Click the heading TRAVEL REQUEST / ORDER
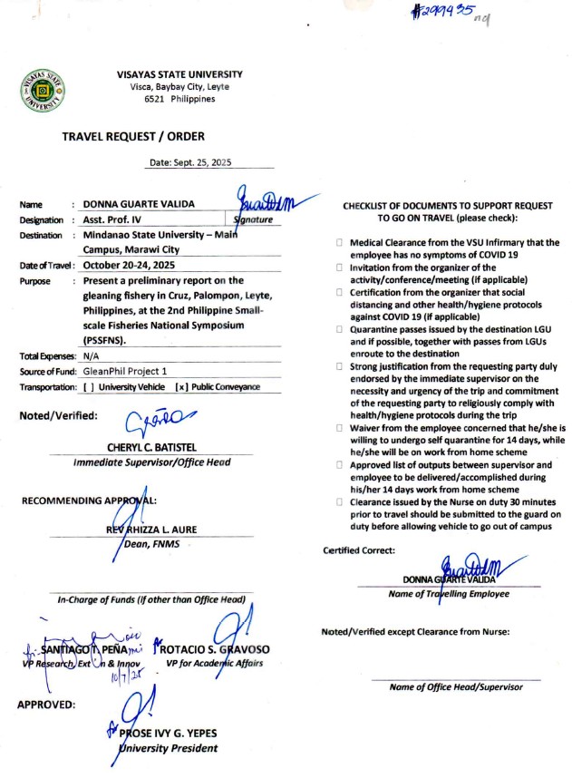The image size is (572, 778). coord(133,137)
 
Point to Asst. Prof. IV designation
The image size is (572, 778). coord(116,220)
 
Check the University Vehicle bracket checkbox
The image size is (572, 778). coord(89,387)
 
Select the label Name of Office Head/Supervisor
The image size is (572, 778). coord(455,686)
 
